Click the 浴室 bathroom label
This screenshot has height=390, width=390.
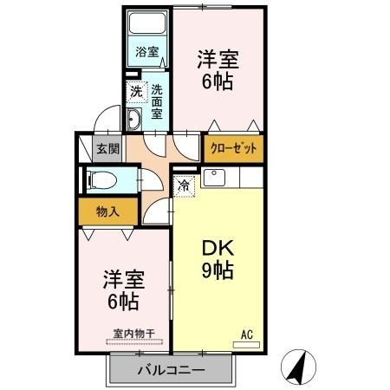pyautogui.click(x=146, y=52)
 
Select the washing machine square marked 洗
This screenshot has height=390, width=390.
pyautogui.click(x=136, y=90)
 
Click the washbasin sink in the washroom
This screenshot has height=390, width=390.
pyautogui.click(x=136, y=119)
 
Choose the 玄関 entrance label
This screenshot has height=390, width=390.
pyautogui.click(x=108, y=149)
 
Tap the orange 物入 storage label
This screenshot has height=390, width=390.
pyautogui.click(x=107, y=211)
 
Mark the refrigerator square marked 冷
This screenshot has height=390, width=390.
pyautogui.click(x=185, y=185)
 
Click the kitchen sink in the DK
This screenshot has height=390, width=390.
pyautogui.click(x=213, y=179)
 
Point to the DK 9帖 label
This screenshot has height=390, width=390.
pyautogui.click(x=217, y=257)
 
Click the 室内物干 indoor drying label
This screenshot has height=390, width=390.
pyautogui.click(x=133, y=333)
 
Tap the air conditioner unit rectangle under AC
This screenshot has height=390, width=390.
pyautogui.click(x=246, y=344)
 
